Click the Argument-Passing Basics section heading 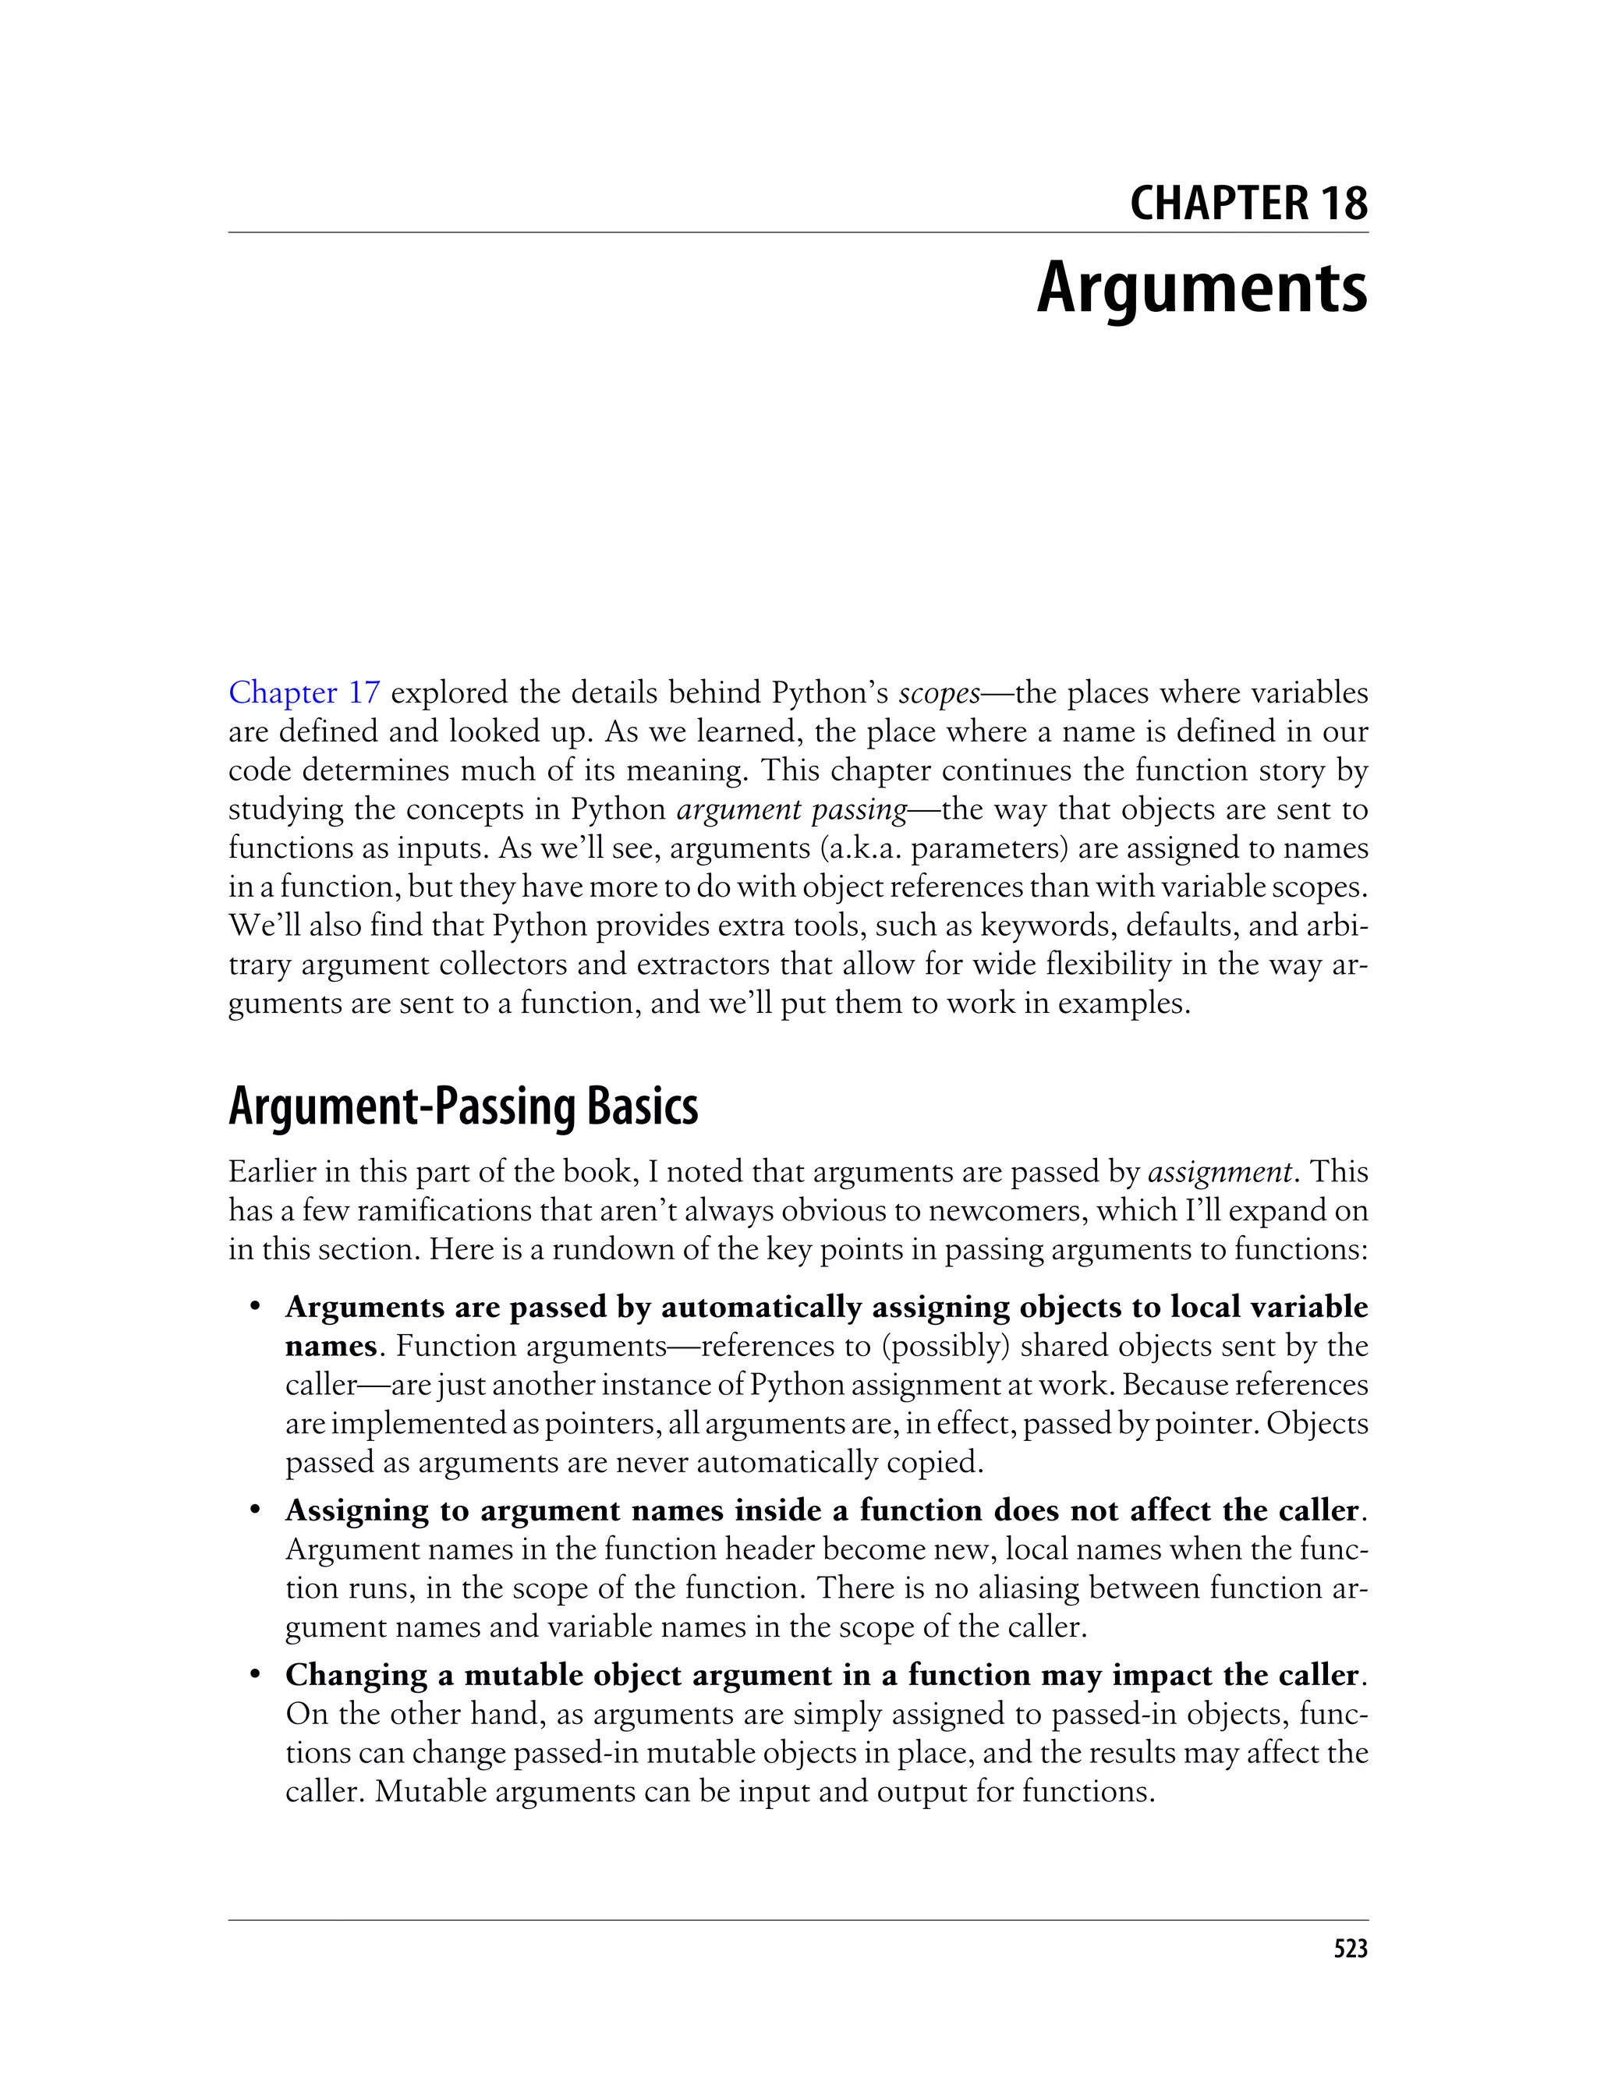click(x=463, y=1106)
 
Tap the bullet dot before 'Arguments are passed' click(x=255, y=1308)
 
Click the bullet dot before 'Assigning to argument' click(x=255, y=1511)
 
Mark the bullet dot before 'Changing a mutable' click(x=255, y=1676)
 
